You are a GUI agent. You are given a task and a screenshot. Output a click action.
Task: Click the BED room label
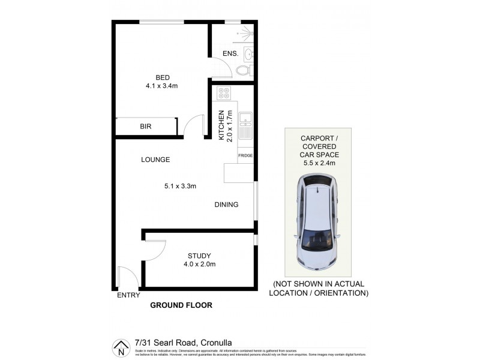(x=162, y=77)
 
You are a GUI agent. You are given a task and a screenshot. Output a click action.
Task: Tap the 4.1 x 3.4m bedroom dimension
(x=162, y=86)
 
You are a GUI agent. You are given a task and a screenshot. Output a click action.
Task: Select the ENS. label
(x=231, y=54)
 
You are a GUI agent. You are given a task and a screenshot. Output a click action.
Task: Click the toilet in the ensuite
(x=243, y=71)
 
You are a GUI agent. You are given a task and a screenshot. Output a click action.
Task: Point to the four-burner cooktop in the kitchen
(x=224, y=94)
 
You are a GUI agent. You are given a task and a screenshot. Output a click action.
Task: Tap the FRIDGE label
(x=245, y=156)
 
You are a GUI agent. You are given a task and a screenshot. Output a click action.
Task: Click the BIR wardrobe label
(x=145, y=127)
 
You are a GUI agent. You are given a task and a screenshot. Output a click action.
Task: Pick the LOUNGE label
(x=155, y=160)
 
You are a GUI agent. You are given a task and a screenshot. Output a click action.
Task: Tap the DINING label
(x=226, y=205)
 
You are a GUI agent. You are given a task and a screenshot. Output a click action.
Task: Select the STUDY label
(x=199, y=255)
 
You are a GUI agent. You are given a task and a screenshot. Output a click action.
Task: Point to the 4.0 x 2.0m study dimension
(x=199, y=264)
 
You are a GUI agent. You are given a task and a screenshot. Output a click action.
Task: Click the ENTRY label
(x=128, y=295)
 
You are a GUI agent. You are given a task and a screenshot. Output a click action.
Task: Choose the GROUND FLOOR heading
(x=181, y=305)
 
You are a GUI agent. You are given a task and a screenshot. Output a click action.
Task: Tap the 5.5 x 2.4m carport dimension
(x=319, y=163)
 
